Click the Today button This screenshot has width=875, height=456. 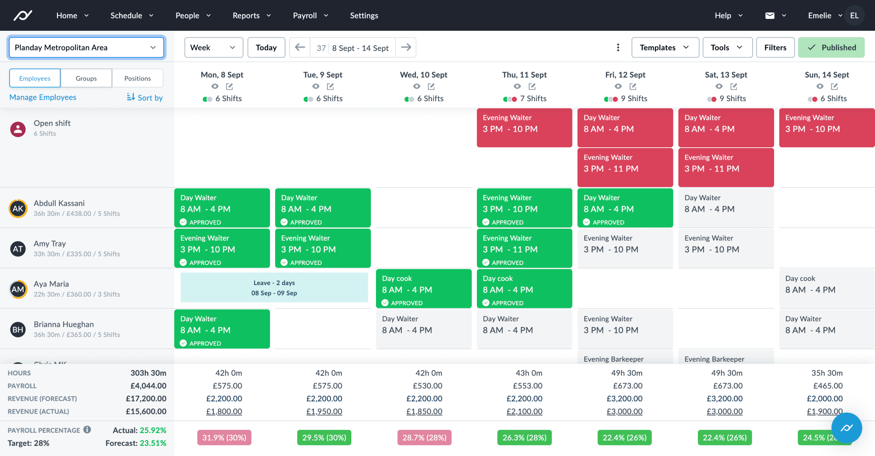tap(266, 48)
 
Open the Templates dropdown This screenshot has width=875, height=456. tap(664, 48)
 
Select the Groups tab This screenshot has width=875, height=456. tap(86, 78)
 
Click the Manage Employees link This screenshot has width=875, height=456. tap(43, 97)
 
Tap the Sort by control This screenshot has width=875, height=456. tap(145, 97)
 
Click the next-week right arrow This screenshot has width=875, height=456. tap(406, 47)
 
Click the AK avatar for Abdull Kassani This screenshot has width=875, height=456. tap(18, 209)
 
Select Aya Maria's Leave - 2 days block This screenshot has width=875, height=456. tap(274, 288)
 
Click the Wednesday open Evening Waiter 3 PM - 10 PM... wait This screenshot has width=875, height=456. tap(524, 128)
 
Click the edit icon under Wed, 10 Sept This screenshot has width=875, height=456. tap(431, 86)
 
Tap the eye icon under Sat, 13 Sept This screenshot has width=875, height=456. tap(719, 86)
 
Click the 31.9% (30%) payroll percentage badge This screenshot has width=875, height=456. tap(224, 438)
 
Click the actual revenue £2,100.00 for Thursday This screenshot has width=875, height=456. tap(524, 412)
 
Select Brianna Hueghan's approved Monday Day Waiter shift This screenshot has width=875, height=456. tap(222, 329)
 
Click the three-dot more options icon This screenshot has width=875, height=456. tap(618, 48)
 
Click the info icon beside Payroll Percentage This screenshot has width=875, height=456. tap(87, 430)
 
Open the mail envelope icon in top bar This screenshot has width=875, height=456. tap(769, 15)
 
